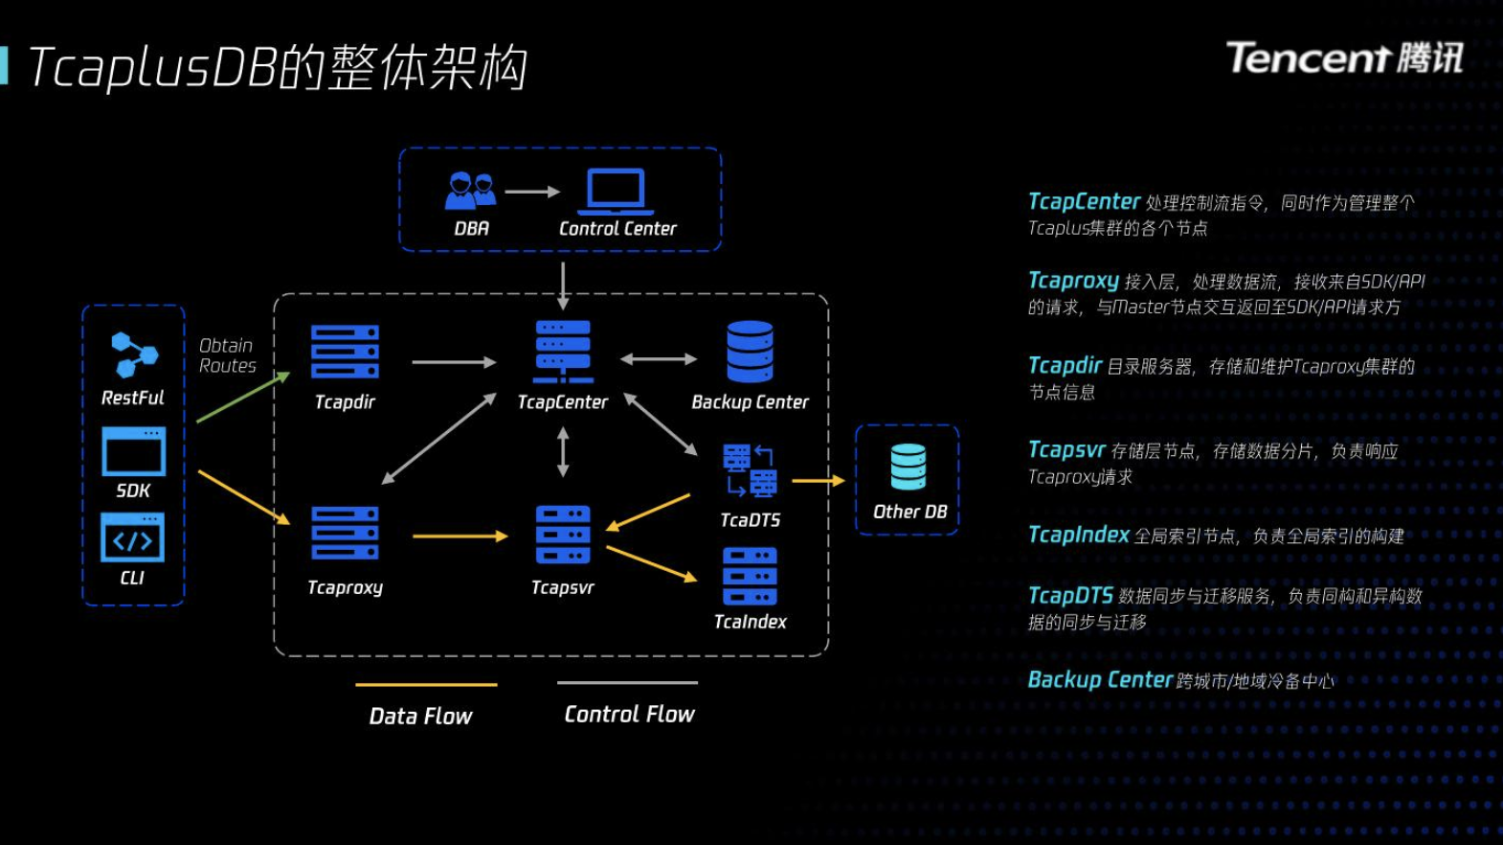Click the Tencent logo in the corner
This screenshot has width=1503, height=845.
click(1345, 57)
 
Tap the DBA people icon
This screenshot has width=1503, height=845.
click(471, 191)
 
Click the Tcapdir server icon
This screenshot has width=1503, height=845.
click(345, 352)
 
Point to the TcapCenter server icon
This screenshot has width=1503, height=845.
click(563, 352)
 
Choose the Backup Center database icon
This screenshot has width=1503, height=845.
click(751, 352)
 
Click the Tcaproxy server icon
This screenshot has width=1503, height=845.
click(345, 534)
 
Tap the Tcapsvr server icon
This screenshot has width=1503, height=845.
click(563, 535)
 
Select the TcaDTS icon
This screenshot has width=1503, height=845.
click(751, 470)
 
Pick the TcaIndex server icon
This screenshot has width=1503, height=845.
click(751, 577)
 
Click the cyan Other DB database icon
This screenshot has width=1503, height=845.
click(909, 467)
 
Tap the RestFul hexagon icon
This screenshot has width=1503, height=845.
click(134, 354)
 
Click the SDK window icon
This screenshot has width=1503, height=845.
click(133, 451)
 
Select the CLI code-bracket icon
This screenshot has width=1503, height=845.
click(132, 537)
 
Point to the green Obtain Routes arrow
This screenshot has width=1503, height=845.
click(243, 397)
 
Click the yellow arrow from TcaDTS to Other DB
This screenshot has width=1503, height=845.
click(819, 480)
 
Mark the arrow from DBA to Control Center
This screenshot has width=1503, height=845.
click(532, 192)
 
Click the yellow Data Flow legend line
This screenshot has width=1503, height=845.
click(426, 684)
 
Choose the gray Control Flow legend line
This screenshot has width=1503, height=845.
click(627, 682)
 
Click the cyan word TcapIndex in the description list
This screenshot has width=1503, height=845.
click(1079, 535)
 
